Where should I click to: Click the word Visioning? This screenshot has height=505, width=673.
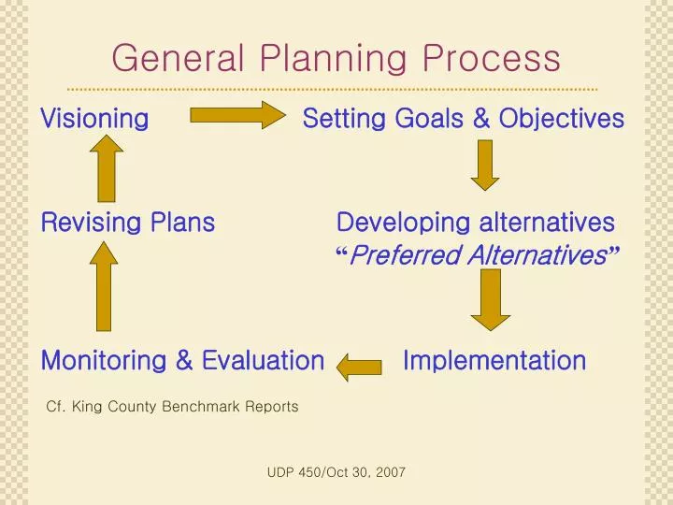point(94,119)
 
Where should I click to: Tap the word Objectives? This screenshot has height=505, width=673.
point(561,119)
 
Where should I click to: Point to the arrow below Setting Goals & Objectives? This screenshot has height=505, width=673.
point(484,165)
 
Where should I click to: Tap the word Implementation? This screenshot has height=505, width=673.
point(494,361)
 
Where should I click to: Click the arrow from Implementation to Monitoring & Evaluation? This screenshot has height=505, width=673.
point(360,367)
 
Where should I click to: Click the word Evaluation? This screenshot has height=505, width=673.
point(263,361)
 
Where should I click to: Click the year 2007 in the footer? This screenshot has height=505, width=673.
point(391,473)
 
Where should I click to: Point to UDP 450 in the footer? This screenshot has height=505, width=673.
point(294,473)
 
